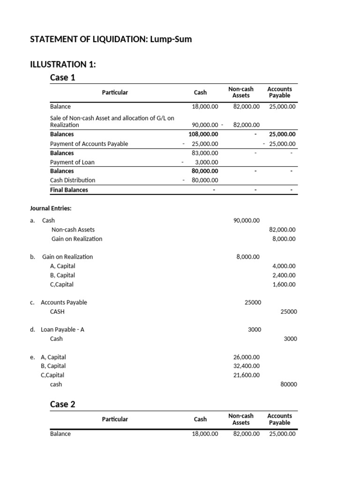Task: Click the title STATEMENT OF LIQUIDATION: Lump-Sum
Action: (x=111, y=40)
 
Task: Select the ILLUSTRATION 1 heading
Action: (x=63, y=65)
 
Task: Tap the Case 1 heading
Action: (x=62, y=77)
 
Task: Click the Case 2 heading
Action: (x=62, y=404)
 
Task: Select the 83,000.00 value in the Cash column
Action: (x=205, y=153)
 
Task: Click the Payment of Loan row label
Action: (x=72, y=162)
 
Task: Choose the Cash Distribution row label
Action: (x=73, y=180)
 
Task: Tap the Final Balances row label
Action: (x=69, y=190)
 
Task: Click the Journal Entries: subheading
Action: (x=51, y=209)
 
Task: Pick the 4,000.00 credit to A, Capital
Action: (x=284, y=266)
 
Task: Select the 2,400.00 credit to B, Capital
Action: (x=284, y=275)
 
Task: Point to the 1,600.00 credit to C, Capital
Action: (x=284, y=285)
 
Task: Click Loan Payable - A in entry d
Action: (x=62, y=330)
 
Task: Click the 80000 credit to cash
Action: (x=288, y=384)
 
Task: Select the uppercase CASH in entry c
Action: (x=57, y=312)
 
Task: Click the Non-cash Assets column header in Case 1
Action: (x=241, y=92)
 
